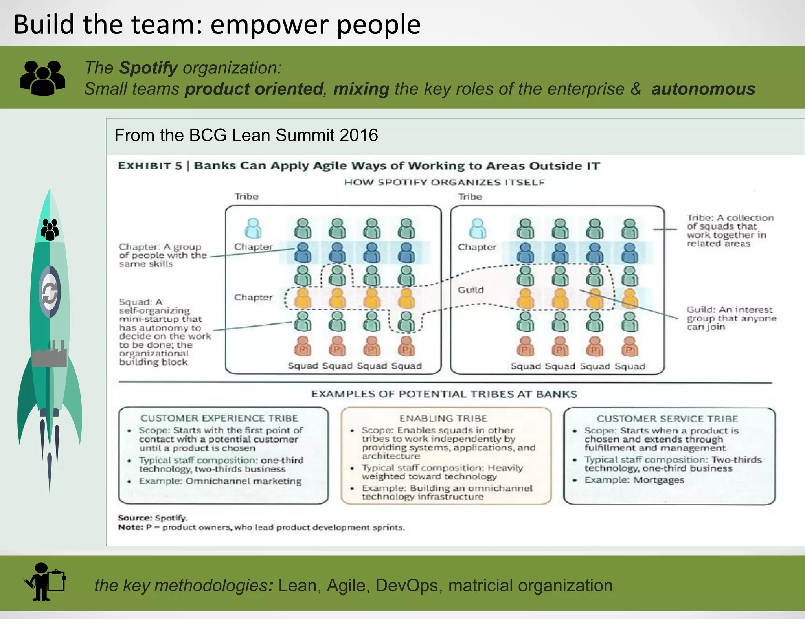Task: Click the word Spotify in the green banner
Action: click(149, 68)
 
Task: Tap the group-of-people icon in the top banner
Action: click(42, 78)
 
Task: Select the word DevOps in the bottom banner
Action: click(406, 586)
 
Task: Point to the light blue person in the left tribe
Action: click(253, 228)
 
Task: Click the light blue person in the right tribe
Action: click(478, 228)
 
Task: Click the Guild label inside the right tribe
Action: click(471, 290)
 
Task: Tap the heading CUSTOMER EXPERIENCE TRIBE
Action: click(219, 418)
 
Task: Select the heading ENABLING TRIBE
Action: click(443, 418)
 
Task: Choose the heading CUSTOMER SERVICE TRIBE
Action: click(667, 419)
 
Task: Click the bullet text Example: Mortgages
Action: click(634, 480)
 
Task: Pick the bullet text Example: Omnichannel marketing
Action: click(220, 481)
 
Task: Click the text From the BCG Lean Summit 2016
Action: click(246, 135)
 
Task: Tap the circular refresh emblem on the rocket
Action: click(50, 292)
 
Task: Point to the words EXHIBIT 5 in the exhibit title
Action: click(150, 166)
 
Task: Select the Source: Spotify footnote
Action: click(153, 518)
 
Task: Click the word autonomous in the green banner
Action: click(703, 89)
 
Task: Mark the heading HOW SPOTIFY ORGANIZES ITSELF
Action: click(444, 182)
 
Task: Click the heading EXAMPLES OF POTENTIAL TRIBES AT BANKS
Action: click(444, 394)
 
